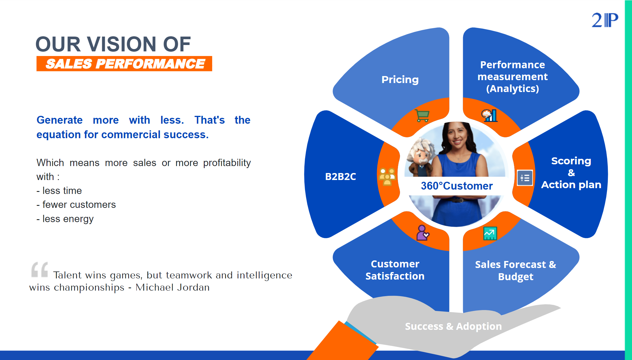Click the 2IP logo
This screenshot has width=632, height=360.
605,20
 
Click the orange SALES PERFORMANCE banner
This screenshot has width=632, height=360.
124,64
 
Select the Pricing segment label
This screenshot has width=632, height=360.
400,80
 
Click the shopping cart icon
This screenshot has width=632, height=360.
422,116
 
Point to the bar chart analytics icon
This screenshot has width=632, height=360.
490,116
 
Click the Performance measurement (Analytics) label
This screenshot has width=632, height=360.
513,77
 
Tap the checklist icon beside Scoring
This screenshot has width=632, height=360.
525,178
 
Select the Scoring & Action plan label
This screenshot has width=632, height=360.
571,173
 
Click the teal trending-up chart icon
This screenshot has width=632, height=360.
490,233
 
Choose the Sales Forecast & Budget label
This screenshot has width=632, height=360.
515,270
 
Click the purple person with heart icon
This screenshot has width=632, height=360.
422,233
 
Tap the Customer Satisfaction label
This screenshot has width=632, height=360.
395,270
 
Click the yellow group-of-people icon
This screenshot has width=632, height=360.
387,176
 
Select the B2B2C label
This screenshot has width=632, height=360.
340,177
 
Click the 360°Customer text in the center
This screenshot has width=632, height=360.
457,186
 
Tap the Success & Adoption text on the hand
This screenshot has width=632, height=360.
453,326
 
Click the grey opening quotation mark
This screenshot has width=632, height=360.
40,269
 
